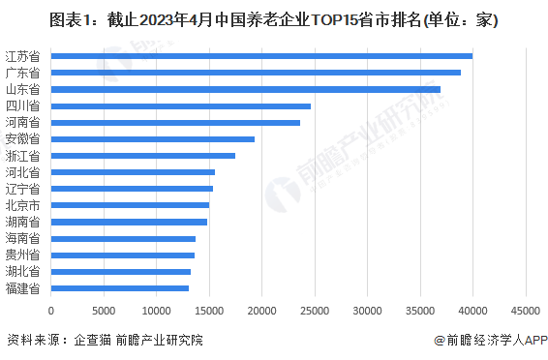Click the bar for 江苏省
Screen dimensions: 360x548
click(261, 56)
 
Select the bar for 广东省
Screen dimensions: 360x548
click(256, 73)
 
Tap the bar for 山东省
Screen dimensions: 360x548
click(245, 89)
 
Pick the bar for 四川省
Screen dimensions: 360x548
click(180, 105)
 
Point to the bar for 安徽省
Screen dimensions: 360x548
click(152, 139)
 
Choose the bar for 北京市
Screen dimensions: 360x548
click(130, 205)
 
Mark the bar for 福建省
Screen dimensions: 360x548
click(119, 288)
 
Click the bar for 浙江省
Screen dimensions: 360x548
click(142, 156)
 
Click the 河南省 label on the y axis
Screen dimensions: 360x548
click(22, 123)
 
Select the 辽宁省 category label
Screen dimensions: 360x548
click(22, 189)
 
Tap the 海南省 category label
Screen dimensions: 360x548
click(22, 238)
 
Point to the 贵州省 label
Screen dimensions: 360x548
click(22, 255)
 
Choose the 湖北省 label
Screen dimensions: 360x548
click(22, 272)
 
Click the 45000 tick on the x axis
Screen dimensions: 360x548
click(525, 311)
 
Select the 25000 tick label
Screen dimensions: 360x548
click(314, 311)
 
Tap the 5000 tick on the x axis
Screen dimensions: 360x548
click(104, 311)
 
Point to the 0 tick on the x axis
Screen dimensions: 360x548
click(50, 311)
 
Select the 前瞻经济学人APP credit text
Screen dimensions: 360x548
click(491, 341)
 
